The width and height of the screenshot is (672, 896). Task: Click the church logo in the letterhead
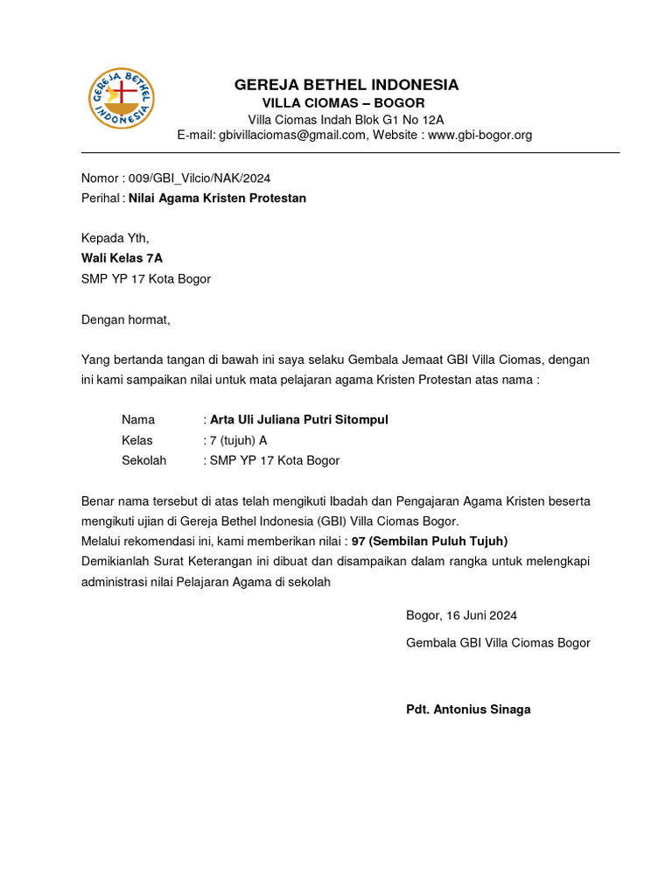[122, 96]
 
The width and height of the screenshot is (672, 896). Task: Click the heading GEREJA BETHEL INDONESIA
[346, 85]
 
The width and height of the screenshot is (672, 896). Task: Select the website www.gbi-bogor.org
[479, 135]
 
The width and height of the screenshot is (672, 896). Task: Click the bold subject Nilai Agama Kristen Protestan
[217, 198]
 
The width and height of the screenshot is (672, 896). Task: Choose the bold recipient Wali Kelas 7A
[122, 258]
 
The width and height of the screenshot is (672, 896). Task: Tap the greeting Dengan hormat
[125, 319]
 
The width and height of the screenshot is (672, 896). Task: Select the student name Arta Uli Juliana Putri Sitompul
[299, 420]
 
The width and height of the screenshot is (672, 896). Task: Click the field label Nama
[138, 420]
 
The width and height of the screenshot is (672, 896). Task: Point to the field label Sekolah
[144, 460]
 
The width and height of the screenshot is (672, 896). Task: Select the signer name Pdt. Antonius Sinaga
[468, 710]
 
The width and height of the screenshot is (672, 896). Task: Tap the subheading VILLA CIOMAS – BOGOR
[346, 103]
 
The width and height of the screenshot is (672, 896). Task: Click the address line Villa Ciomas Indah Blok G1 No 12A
[346, 120]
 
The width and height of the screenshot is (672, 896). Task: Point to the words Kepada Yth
[115, 238]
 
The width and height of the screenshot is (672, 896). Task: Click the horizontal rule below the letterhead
[350, 153]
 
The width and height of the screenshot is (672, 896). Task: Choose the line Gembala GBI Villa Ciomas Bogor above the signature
[498, 643]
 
